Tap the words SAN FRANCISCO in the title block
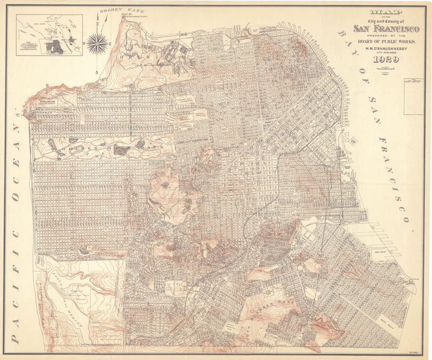[381, 29]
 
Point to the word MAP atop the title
[380, 11]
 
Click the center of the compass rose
[96, 40]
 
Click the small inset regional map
[49, 35]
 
